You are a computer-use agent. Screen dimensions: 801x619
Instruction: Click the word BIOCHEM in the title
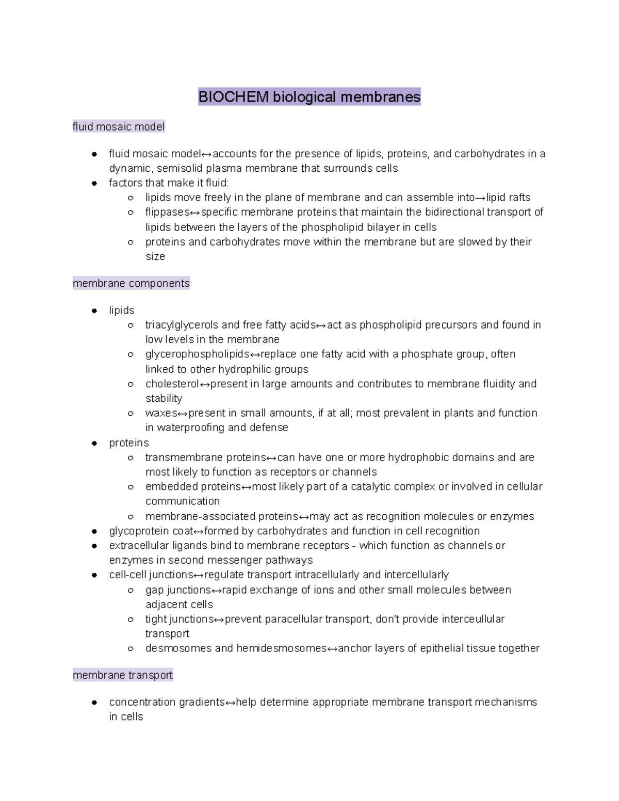click(x=234, y=97)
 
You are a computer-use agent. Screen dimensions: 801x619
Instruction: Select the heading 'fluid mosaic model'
click(x=119, y=127)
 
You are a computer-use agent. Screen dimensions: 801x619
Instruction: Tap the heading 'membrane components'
click(x=131, y=283)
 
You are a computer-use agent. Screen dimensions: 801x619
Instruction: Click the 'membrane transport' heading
click(x=123, y=675)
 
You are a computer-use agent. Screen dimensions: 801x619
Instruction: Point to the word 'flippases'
click(x=167, y=212)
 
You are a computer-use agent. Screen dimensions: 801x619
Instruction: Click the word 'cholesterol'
click(x=172, y=384)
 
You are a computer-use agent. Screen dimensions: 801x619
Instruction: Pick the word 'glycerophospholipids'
click(x=197, y=354)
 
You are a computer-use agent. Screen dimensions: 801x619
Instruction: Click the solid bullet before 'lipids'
click(x=94, y=310)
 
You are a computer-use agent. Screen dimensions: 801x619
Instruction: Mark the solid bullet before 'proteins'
click(x=94, y=443)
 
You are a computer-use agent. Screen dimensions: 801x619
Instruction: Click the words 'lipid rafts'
click(x=508, y=198)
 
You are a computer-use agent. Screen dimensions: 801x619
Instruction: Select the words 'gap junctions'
click(x=178, y=590)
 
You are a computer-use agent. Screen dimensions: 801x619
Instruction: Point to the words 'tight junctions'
click(x=179, y=619)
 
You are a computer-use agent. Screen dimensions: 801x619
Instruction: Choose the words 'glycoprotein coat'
click(x=151, y=531)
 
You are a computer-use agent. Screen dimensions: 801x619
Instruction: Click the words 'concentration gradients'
click(x=167, y=702)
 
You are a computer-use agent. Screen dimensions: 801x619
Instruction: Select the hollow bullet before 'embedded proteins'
click(x=131, y=487)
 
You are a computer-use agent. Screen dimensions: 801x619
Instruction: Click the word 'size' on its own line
click(x=155, y=257)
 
